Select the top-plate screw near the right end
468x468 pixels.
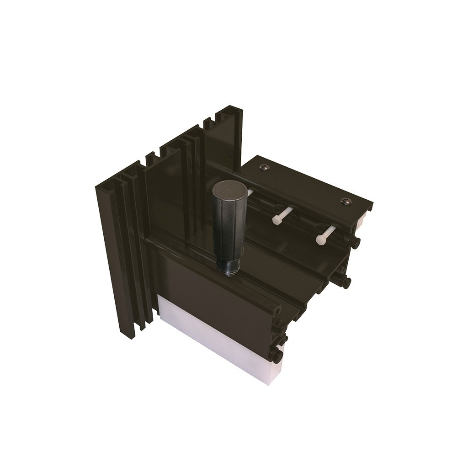(x=346, y=201)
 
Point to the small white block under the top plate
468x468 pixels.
(x=362, y=221)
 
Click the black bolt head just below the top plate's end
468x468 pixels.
(x=355, y=243)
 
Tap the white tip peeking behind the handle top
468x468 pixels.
(x=250, y=193)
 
